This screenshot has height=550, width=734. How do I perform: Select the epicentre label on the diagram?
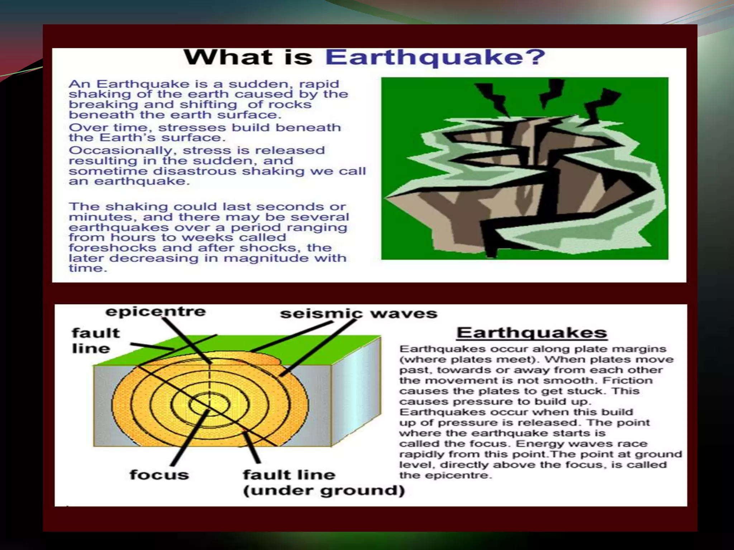156,312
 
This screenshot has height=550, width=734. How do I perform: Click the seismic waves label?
358,314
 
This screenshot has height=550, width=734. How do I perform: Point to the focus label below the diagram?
159,475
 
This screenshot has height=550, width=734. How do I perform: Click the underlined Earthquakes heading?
532,333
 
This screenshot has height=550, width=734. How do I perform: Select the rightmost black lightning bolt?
602,106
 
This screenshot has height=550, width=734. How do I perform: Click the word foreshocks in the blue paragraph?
113,248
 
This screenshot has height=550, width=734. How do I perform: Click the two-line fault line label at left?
95,341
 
